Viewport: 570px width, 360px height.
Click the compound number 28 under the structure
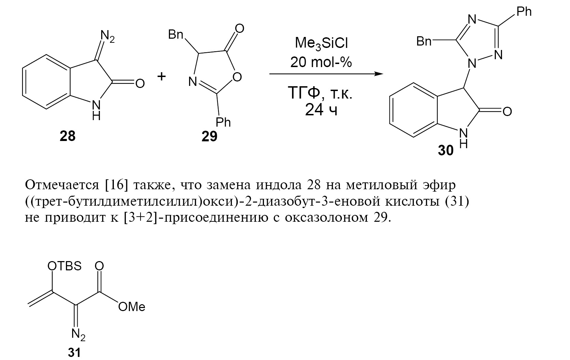pos(67,136)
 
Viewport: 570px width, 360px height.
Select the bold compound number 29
pos(209,137)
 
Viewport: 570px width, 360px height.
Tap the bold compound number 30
pos(446,150)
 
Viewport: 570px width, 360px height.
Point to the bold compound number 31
pos(74,352)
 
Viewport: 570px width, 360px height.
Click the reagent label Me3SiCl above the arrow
pos(321,43)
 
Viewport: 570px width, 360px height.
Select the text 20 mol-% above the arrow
pos(321,62)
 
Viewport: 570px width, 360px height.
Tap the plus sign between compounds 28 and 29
pos(162,76)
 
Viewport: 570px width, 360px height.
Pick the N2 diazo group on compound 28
pos(107,36)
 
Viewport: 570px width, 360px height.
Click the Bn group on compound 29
pos(175,34)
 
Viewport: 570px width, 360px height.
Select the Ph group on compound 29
pos(223,122)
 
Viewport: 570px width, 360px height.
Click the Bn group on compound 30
pos(424,41)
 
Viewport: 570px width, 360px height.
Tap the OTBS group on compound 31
pos(64,266)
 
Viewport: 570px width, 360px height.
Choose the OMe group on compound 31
pos(132,307)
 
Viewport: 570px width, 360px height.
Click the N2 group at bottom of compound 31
pos(78,335)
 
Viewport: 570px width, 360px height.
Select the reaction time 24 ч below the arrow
pos(321,110)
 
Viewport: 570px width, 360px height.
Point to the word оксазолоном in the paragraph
pos(327,218)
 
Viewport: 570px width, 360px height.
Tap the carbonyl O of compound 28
pos(140,83)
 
